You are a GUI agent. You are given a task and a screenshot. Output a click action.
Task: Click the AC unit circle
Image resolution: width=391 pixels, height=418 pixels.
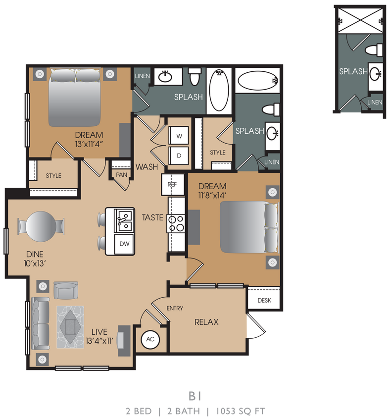(x=151, y=339)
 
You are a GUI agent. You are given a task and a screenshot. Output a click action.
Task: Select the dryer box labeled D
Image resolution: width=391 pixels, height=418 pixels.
(x=179, y=155)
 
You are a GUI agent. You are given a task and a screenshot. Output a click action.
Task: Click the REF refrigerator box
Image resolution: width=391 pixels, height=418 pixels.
(x=172, y=184)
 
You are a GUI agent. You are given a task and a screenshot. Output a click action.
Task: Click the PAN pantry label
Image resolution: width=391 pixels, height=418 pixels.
(x=121, y=175)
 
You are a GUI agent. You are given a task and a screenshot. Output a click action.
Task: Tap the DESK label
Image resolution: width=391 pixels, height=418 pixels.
(x=264, y=300)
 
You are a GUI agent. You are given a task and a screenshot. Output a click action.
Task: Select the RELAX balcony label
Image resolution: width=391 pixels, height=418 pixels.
(x=206, y=322)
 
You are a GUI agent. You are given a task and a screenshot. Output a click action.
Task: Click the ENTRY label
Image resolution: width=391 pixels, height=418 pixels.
(x=175, y=308)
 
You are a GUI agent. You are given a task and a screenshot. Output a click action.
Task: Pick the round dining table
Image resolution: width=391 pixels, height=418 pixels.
(x=41, y=226)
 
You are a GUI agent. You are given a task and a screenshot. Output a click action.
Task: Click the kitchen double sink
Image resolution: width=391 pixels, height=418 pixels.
(x=124, y=220)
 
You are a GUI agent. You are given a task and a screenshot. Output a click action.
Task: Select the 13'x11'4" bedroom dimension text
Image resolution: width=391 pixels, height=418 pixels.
(x=90, y=144)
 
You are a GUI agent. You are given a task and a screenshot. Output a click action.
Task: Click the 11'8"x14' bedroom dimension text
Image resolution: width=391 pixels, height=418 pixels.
(x=212, y=195)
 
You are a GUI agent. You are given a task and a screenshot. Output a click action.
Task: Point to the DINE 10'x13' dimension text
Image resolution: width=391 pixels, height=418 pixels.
(x=35, y=263)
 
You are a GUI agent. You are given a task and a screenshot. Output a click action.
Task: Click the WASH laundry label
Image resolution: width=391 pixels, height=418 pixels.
(x=147, y=167)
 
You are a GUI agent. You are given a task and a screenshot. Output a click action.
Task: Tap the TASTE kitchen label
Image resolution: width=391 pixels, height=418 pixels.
(x=152, y=217)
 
